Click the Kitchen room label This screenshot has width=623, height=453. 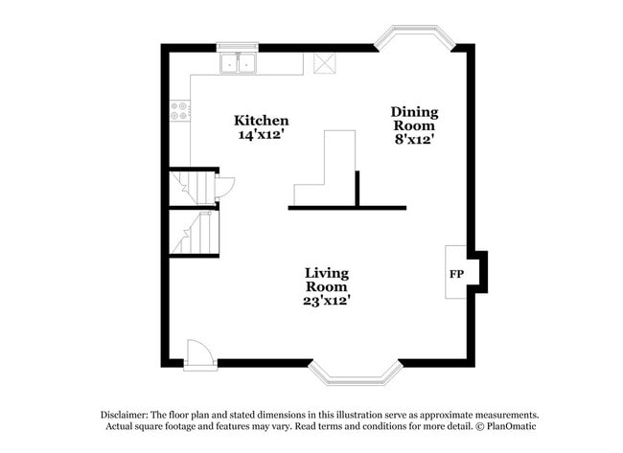tap(262, 121)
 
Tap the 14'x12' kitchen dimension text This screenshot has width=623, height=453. tap(262, 135)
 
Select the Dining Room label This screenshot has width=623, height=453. tap(413, 119)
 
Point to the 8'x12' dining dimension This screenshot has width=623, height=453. tap(413, 140)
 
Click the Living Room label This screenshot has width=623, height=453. tap(327, 280)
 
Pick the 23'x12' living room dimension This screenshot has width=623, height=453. tap(327, 301)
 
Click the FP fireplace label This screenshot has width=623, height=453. tap(457, 275)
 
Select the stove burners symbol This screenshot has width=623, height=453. tap(179, 111)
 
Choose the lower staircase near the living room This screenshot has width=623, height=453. tap(195, 233)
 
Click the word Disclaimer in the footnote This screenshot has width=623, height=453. tap(127, 415)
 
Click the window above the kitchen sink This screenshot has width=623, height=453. tap(239, 46)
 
